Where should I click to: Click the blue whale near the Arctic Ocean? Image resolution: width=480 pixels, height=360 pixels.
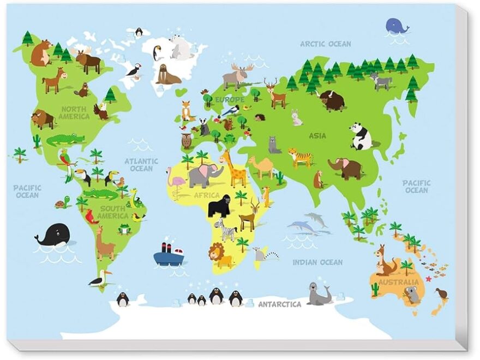pos(397,26)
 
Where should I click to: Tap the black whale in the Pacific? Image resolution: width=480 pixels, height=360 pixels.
pos(53,235)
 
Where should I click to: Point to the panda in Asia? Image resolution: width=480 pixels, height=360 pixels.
pos(361,136)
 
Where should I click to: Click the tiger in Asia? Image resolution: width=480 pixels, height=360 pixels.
pos(301,158)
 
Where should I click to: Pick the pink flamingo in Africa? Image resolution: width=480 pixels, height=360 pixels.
pos(177,181)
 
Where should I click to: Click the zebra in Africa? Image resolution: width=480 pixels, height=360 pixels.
pos(228,230)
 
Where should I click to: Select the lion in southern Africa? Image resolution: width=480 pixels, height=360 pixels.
pos(220,255)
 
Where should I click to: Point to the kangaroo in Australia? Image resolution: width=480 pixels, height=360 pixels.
pos(386,262)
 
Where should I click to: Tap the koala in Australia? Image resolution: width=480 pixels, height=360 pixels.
pos(412,295)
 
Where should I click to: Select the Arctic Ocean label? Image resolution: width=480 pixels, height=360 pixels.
pos(326,44)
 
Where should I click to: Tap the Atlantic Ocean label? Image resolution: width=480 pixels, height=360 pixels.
pos(141,165)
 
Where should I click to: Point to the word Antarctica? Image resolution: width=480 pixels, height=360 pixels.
pos(279,304)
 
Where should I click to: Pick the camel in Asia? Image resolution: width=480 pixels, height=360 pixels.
pos(262,166)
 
